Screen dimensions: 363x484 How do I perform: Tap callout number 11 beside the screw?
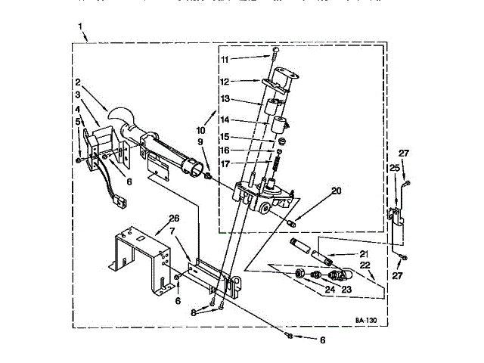pyautogui.click(x=224, y=58)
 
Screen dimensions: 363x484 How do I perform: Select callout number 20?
pyautogui.click(x=336, y=191)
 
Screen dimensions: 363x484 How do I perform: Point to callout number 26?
pyautogui.click(x=175, y=219)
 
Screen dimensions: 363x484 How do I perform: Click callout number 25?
pyautogui.click(x=393, y=167)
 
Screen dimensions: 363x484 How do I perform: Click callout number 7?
pyautogui.click(x=172, y=231)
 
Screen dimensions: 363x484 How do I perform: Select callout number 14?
pyautogui.click(x=224, y=120)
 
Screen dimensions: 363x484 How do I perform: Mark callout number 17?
pyautogui.click(x=224, y=163)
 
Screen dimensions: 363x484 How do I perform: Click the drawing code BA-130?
pyautogui.click(x=365, y=321)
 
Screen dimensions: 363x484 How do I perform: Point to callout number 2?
pyautogui.click(x=77, y=82)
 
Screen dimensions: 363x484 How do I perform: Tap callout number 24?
pyautogui.click(x=329, y=287)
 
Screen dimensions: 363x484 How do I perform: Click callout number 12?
pyautogui.click(x=224, y=81)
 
